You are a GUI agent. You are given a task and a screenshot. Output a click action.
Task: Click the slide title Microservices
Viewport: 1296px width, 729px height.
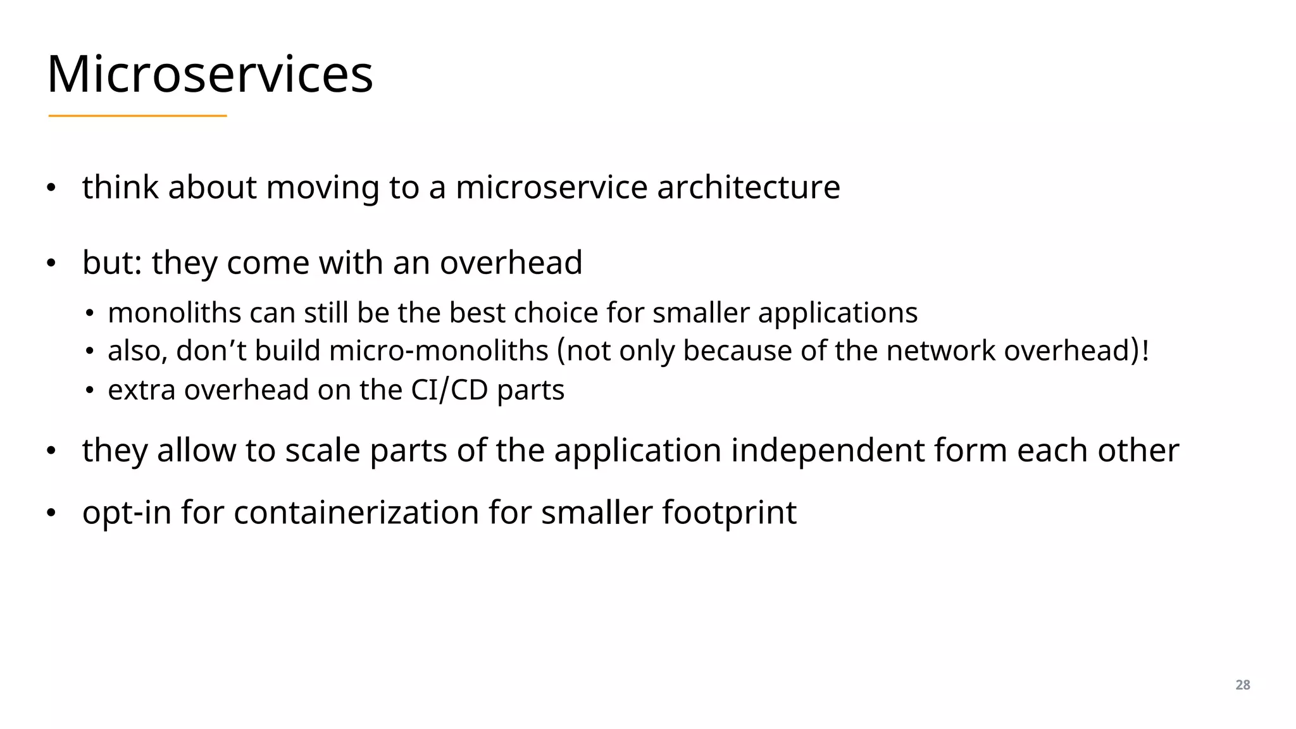pyautogui.click(x=210, y=75)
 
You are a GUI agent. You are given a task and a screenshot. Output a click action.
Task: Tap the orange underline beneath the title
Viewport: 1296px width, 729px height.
pyautogui.click(x=137, y=116)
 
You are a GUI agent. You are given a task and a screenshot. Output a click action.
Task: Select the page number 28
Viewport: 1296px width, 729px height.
pyautogui.click(x=1242, y=685)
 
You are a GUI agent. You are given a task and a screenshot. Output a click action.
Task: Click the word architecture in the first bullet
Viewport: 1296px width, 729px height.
pyautogui.click(x=749, y=187)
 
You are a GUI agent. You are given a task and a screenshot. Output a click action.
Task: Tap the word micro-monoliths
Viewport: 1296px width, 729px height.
pyautogui.click(x=439, y=351)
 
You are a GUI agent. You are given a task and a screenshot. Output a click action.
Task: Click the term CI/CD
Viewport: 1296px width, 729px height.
pyautogui.click(x=449, y=390)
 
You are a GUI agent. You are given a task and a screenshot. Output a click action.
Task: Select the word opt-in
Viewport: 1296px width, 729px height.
pyautogui.click(x=127, y=513)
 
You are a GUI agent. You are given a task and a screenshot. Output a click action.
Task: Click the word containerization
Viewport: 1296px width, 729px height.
pyautogui.click(x=356, y=513)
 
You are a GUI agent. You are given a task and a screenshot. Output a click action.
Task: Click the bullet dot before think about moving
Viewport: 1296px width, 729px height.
pyautogui.click(x=51, y=188)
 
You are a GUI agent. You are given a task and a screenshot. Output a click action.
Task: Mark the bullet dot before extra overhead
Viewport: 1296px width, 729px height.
pyautogui.click(x=90, y=390)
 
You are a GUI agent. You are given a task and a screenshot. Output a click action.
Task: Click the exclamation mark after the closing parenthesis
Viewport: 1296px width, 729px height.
pyautogui.click(x=1145, y=351)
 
